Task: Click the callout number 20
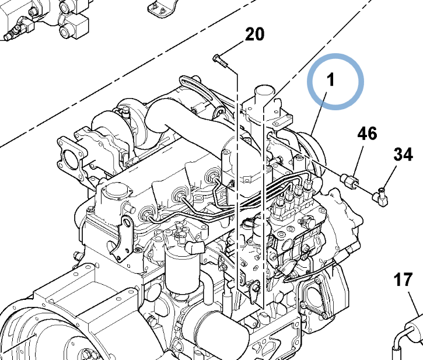(x=254, y=35)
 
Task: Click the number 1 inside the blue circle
(x=331, y=81)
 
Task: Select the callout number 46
(x=367, y=134)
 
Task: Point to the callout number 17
(x=403, y=280)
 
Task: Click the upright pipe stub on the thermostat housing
(x=263, y=93)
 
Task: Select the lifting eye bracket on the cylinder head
(x=124, y=236)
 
